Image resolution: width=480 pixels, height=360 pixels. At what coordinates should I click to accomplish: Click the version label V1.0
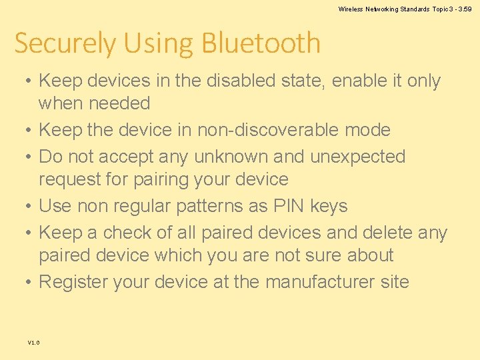[33, 343]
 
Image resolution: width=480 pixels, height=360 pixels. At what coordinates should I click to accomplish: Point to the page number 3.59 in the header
[464, 9]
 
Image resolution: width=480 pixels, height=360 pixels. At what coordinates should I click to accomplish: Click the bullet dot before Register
[24, 283]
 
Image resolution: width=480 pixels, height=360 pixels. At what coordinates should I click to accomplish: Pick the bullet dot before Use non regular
[24, 207]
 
